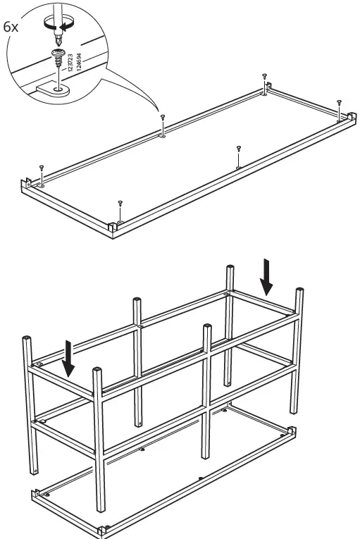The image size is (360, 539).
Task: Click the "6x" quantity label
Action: point(11,27)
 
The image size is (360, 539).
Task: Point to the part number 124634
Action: point(80,63)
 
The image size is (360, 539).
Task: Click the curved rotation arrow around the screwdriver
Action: point(54,25)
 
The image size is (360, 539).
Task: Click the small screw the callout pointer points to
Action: point(163,118)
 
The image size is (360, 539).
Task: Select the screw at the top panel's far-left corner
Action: point(42,168)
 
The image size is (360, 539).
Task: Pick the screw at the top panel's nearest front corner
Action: point(120,204)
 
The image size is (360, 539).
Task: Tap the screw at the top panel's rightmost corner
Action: point(339,103)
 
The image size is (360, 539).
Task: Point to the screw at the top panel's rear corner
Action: point(264,75)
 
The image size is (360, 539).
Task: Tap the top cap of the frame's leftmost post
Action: point(26,340)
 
